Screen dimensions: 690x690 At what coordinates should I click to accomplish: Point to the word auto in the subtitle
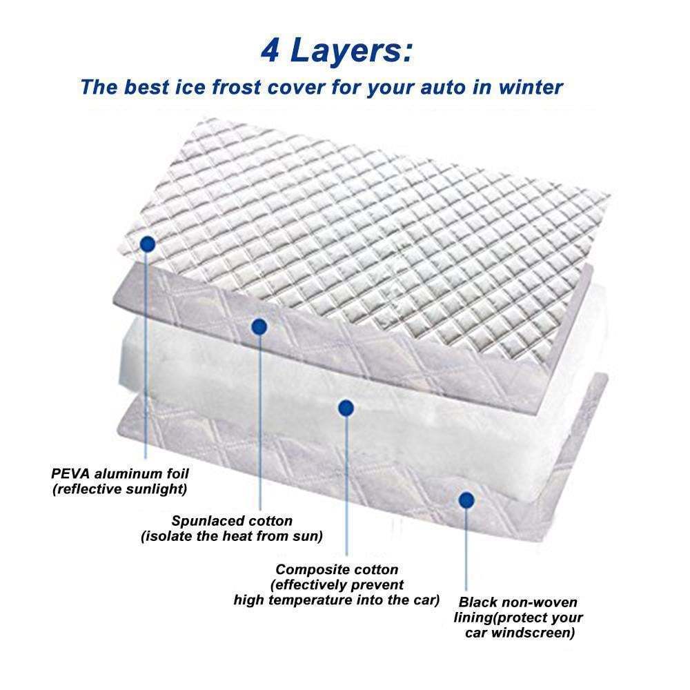click(437, 88)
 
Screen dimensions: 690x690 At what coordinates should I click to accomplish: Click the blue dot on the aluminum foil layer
click(147, 244)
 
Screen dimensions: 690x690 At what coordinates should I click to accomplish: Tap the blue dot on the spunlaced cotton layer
click(259, 326)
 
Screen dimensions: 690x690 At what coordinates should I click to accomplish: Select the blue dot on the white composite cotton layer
click(346, 408)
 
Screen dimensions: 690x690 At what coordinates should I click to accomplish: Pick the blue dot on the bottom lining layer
click(466, 498)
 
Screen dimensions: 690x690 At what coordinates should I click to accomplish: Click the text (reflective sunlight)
click(120, 489)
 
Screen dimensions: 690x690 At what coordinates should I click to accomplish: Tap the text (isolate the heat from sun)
click(232, 536)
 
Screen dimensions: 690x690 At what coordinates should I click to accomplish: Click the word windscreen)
click(533, 633)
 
